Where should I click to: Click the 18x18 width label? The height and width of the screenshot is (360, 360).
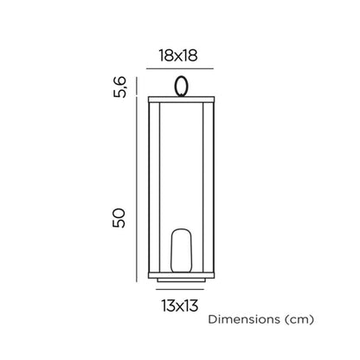pyautogui.click(x=179, y=55)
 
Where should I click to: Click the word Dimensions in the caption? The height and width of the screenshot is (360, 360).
pyautogui.click(x=246, y=319)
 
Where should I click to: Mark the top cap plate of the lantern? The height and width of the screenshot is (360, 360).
pyautogui.click(x=180, y=98)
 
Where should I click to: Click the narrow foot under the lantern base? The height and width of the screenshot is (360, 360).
pyautogui.click(x=180, y=280)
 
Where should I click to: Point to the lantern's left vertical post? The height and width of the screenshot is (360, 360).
pyautogui.click(x=154, y=186)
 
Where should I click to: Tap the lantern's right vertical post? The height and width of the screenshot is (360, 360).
pyautogui.click(x=206, y=186)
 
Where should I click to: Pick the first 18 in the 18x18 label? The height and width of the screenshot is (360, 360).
pyautogui.click(x=165, y=55)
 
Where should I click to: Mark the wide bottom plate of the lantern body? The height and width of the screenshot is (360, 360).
pyautogui.click(x=180, y=273)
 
